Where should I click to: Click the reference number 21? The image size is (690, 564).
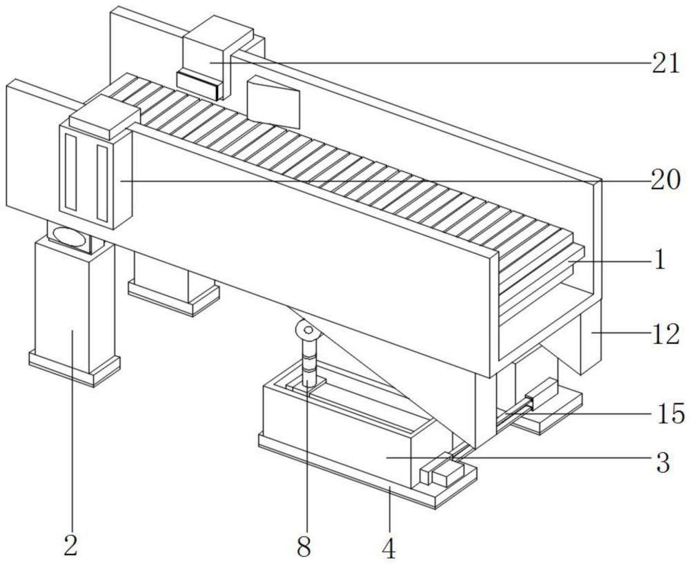[665, 64]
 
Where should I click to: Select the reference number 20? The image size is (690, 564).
[665, 180]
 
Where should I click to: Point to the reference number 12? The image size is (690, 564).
[665, 335]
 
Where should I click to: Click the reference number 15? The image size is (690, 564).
[671, 414]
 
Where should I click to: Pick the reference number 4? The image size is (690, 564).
[389, 548]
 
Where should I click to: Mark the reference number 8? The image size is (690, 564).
[304, 547]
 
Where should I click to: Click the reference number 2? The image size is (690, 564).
[71, 545]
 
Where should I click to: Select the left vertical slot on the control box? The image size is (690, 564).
[71, 171]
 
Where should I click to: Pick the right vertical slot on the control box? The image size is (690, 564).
[103, 183]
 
